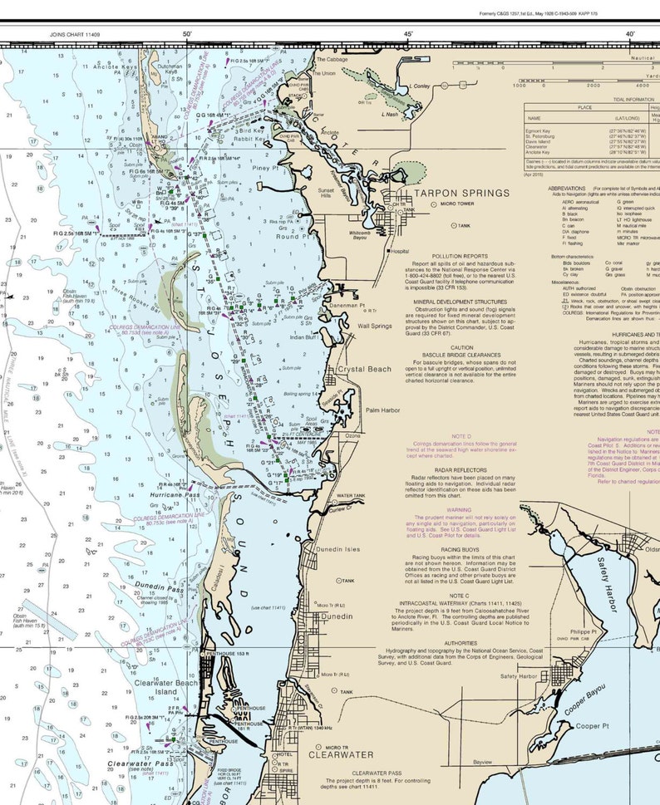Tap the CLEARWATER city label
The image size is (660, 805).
click(x=342, y=755)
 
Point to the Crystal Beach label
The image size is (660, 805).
click(x=363, y=369)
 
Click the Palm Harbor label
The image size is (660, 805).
click(x=382, y=410)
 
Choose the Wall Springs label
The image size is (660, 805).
click(x=374, y=326)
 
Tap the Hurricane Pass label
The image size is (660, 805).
click(x=175, y=494)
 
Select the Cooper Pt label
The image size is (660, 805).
click(x=593, y=725)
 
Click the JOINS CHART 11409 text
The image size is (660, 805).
click(x=72, y=35)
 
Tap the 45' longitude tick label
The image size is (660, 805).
click(x=408, y=34)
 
